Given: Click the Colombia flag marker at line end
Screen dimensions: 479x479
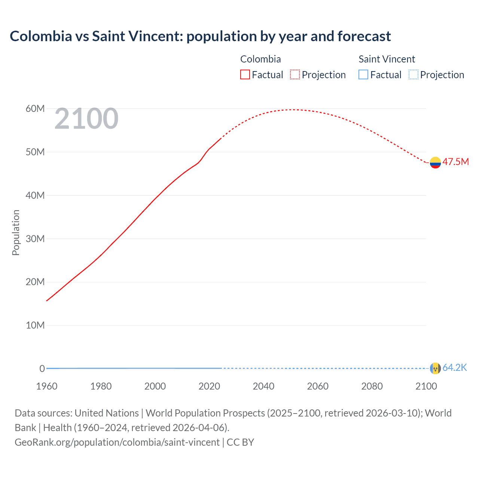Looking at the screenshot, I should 435,162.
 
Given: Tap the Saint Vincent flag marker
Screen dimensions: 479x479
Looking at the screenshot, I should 435,368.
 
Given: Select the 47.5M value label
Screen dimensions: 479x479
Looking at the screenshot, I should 455,162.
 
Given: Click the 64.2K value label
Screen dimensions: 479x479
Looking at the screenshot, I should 455,367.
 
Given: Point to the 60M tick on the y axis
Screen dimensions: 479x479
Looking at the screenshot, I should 35,109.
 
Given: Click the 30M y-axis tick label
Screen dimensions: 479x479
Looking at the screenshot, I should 35,239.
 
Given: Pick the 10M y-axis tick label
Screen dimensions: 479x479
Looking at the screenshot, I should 35,325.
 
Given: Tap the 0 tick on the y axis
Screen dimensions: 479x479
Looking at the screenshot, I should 42,369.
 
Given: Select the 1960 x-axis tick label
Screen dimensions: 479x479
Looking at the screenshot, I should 47,386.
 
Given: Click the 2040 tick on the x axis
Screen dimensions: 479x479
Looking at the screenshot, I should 263,386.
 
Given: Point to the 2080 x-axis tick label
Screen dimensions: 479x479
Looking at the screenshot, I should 372,386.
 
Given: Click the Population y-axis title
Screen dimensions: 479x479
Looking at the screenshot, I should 16,233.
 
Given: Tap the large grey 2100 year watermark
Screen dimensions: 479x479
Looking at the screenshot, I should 86,119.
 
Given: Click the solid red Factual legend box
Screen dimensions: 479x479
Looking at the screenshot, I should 245,74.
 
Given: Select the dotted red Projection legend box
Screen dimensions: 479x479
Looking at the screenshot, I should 295,74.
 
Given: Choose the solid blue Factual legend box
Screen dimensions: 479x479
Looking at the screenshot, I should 363,74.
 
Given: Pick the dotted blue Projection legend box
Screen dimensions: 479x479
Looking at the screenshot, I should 413,74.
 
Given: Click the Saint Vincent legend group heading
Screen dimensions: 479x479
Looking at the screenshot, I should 387,59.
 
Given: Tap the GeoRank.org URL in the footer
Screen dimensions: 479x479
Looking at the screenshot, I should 117,442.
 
